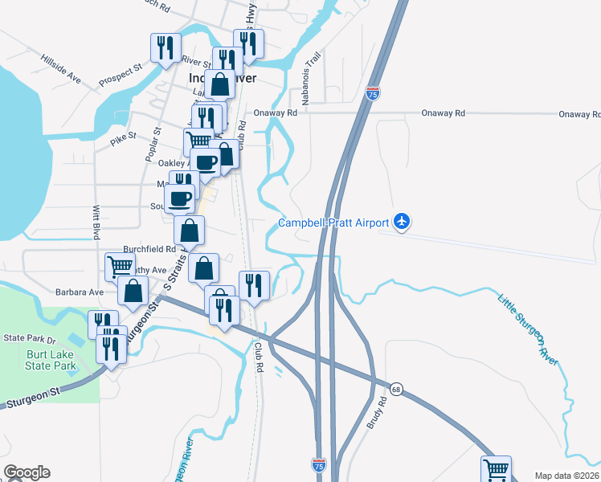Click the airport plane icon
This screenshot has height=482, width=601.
[403, 222]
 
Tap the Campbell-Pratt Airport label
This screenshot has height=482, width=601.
[333, 223]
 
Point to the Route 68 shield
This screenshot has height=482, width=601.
[396, 388]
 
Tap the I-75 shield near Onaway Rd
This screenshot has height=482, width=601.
[373, 93]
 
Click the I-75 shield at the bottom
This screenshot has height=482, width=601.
[319, 464]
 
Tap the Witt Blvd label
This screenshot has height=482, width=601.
[96, 222]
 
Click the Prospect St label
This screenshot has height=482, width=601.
[121, 75]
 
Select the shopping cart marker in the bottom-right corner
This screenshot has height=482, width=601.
[497, 469]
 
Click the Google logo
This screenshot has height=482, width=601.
[26, 472]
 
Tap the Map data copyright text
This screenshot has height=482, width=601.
[566, 476]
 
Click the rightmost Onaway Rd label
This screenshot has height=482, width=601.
[579, 114]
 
